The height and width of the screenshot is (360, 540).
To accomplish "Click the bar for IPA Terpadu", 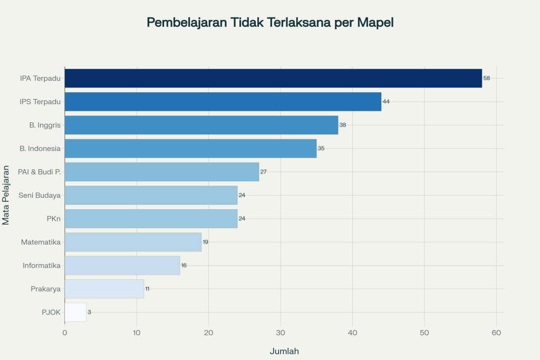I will [273, 78].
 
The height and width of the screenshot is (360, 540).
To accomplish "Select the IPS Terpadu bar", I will [223, 102].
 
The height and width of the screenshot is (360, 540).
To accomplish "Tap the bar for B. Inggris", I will [201, 125].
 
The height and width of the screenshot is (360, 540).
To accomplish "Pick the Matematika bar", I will [133, 242].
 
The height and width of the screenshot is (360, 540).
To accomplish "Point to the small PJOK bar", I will [75, 312].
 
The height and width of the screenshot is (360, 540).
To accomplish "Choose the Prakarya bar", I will [104, 289].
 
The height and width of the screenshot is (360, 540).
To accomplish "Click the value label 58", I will [487, 78].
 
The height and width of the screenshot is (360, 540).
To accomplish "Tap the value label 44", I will [386, 102].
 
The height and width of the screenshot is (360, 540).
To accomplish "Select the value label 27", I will [264, 172].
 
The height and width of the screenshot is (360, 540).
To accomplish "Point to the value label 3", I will [89, 312].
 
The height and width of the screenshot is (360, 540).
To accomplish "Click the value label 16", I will [184, 265].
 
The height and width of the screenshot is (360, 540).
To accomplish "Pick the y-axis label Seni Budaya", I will [40, 195].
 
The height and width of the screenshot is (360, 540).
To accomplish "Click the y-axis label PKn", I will [53, 218].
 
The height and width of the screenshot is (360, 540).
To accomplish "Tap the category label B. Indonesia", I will [40, 149].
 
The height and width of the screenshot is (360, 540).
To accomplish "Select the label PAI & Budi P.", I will [40, 172].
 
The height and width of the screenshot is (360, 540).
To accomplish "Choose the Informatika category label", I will [42, 265].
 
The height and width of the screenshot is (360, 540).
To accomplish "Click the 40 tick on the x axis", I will [352, 333].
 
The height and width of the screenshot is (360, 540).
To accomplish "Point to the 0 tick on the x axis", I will [64, 333].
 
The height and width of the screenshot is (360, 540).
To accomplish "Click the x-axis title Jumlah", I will [284, 351].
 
